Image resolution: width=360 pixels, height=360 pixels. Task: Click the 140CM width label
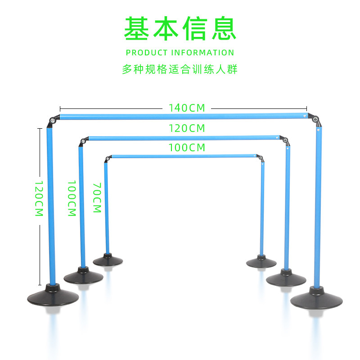click(x=187, y=108)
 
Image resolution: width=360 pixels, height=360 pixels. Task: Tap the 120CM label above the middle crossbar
click(x=187, y=128)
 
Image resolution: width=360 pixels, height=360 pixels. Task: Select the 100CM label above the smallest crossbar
click(x=187, y=147)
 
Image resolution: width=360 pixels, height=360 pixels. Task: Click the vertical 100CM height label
click(x=72, y=198)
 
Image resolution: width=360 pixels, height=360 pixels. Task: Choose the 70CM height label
click(x=97, y=198)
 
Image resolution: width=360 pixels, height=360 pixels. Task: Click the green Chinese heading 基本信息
click(x=180, y=29)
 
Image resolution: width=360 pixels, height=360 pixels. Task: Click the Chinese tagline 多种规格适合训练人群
click(x=180, y=70)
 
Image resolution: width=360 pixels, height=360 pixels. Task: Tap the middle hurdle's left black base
click(x=82, y=276)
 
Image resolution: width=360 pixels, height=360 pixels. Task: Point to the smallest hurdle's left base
click(x=108, y=260)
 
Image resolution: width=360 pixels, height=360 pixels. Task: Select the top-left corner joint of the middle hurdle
click(x=83, y=142)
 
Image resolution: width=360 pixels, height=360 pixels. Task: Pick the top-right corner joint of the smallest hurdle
click(x=260, y=158)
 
